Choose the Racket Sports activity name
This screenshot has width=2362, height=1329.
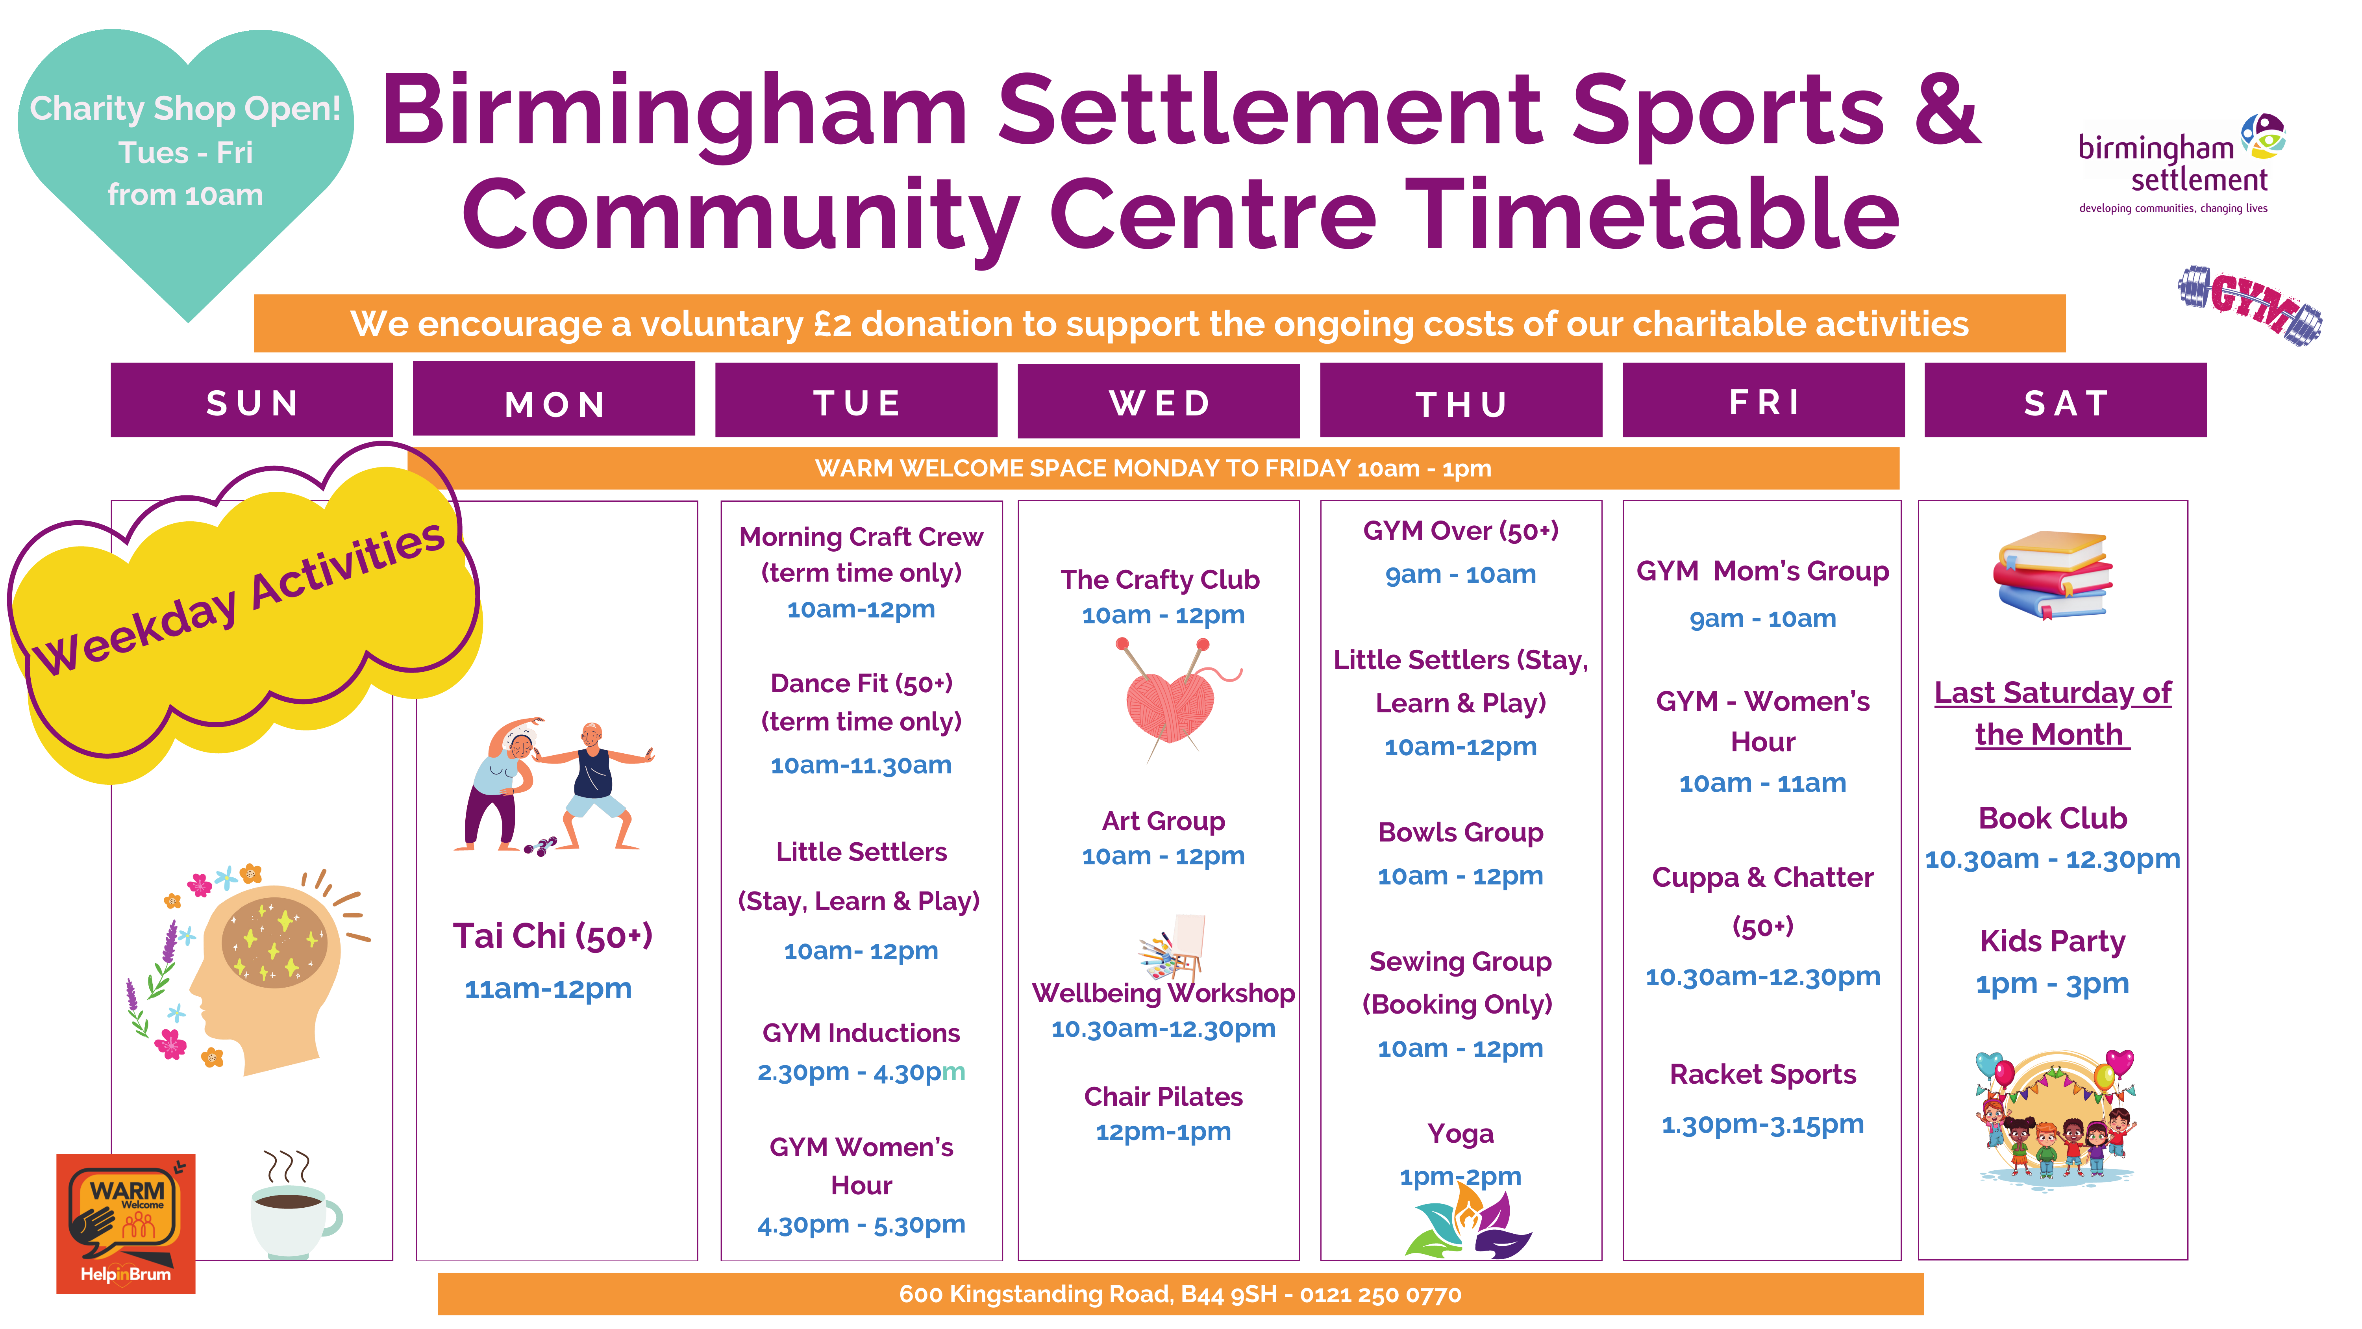(1762, 1074)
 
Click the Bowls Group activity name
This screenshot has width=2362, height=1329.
(1461, 832)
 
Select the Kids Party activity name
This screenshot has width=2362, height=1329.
(2052, 941)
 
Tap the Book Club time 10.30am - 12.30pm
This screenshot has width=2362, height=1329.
(2052, 859)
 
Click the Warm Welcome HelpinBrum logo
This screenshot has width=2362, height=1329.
(126, 1223)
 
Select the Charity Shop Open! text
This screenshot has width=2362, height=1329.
(185, 108)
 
